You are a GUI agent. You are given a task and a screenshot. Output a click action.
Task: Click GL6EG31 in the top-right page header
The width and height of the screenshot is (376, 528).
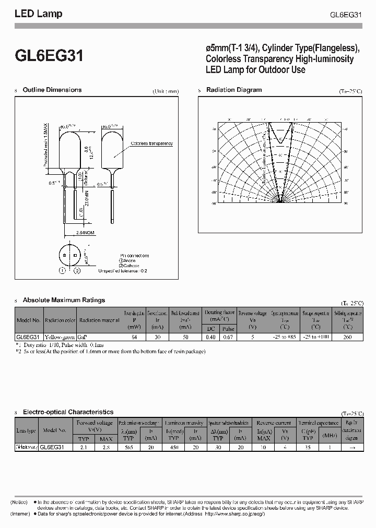coord(346,15)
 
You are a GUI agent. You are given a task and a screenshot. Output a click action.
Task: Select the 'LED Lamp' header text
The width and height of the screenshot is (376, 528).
coord(38,14)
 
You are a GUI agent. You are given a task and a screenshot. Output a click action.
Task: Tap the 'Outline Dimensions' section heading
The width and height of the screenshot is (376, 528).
coord(52,90)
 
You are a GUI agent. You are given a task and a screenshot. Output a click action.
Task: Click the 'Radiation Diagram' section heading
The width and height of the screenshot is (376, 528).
coord(234,90)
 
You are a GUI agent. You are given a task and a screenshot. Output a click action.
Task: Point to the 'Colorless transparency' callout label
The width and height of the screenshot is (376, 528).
coord(151,143)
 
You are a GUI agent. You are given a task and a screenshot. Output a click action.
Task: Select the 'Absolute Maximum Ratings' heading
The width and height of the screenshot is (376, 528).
coord(64,300)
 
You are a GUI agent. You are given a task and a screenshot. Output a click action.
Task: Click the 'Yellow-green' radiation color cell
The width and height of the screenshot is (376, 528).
coord(60,338)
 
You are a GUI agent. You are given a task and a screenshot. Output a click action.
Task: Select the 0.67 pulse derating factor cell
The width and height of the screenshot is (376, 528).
coord(228,338)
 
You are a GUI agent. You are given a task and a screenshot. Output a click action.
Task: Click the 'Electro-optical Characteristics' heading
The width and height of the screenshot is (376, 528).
coord(68,412)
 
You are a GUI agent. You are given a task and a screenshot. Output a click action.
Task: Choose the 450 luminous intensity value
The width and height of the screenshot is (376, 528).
coord(175,447)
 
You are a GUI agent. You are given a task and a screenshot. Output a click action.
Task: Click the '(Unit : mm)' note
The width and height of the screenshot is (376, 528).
coord(166,91)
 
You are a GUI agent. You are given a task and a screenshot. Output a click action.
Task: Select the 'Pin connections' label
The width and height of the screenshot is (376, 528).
coord(134,256)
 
